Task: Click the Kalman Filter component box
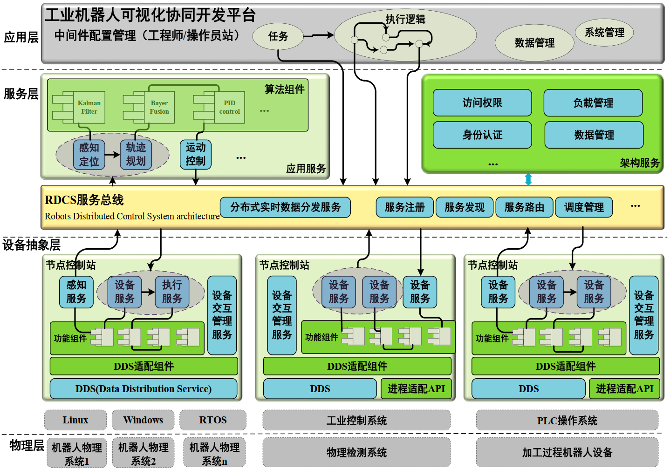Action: [89, 107]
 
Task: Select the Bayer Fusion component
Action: [159, 107]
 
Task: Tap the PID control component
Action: [229, 107]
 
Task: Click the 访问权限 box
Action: [482, 103]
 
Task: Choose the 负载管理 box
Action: [593, 103]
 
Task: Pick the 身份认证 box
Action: [482, 135]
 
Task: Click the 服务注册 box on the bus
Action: [404, 207]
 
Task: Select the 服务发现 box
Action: [465, 207]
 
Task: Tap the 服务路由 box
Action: [524, 207]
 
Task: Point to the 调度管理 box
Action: [584, 207]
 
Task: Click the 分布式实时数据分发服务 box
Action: [285, 207]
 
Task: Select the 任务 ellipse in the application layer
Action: [278, 36]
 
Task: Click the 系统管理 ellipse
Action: [604, 33]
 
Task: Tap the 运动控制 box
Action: [196, 154]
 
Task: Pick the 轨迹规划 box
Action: [136, 154]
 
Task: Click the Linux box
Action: [75, 420]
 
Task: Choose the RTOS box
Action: [213, 420]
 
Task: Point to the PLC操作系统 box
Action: [567, 421]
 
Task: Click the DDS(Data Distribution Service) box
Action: [144, 389]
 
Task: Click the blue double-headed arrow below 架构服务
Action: [528, 179]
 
